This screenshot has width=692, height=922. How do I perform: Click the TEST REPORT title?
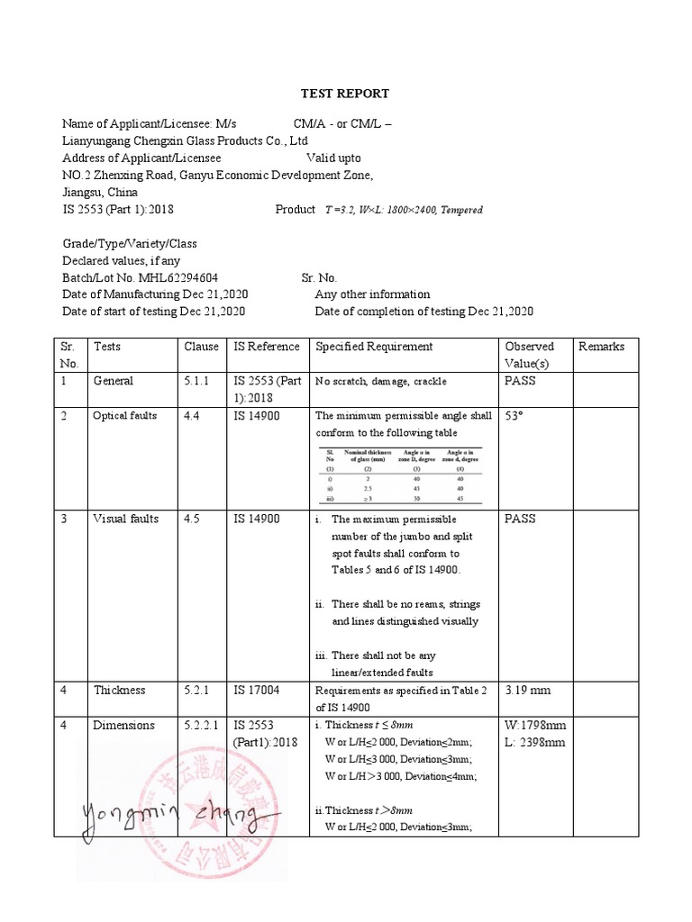[345, 94]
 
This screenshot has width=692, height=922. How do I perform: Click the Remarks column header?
[601, 347]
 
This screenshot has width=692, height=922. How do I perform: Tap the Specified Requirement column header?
[374, 347]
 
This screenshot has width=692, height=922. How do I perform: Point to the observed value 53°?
[514, 416]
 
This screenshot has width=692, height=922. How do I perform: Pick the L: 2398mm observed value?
[535, 743]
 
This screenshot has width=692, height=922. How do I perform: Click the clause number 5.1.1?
[196, 381]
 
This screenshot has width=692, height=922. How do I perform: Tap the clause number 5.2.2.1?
[203, 726]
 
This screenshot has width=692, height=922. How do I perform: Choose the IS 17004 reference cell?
[257, 691]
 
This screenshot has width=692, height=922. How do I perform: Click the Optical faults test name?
[125, 416]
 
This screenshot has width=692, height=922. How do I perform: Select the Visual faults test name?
[125, 520]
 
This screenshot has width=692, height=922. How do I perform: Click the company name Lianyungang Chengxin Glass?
[185, 141]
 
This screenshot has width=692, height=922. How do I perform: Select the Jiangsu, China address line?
[99, 193]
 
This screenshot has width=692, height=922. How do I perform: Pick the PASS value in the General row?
[521, 381]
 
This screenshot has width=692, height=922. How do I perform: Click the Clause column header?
[202, 347]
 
